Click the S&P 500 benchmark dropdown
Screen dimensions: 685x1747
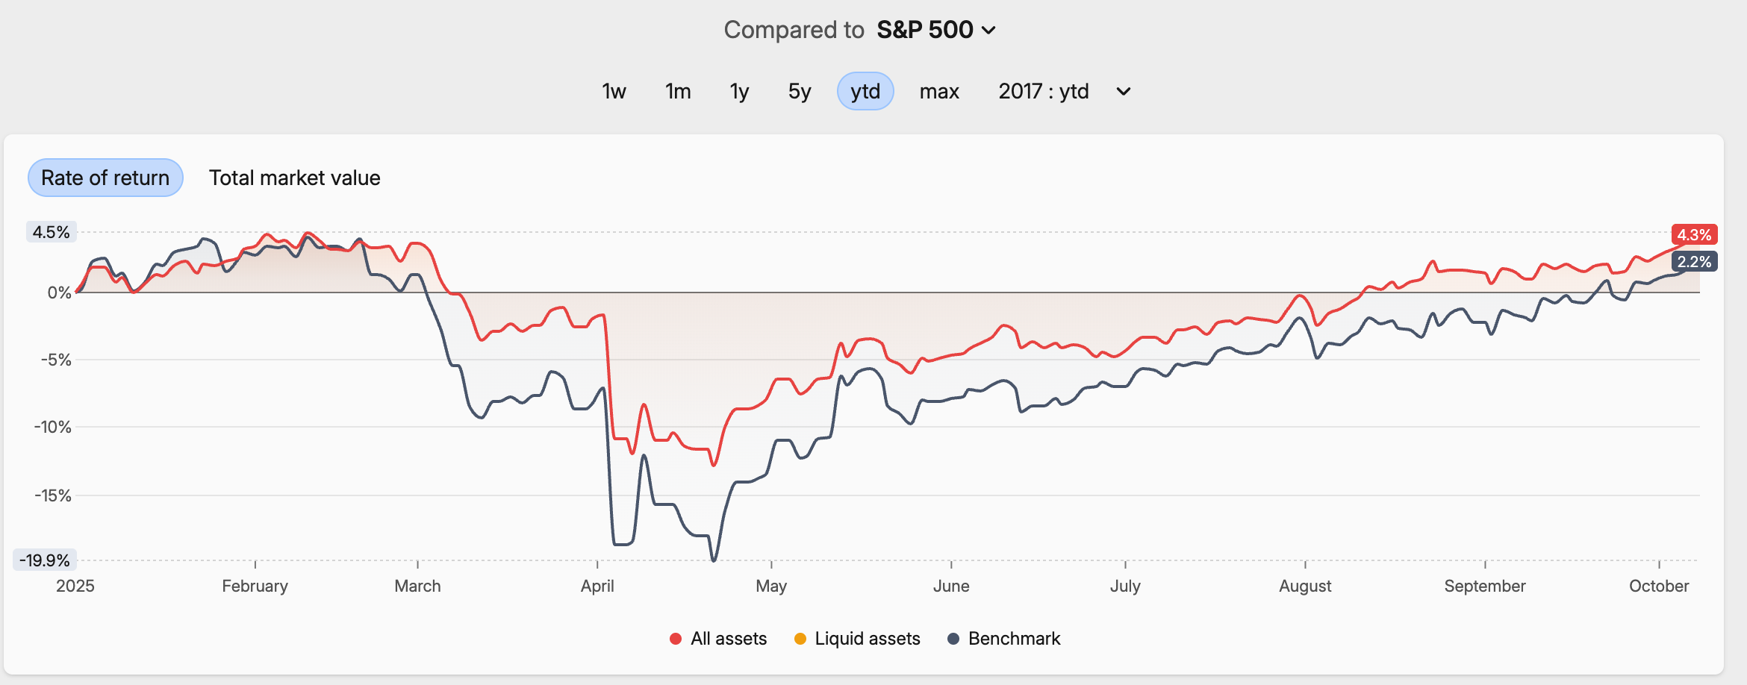(935, 30)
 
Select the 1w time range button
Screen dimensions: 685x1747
(614, 91)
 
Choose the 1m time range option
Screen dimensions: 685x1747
(678, 91)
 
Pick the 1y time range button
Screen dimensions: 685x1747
(739, 91)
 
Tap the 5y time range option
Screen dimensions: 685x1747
(799, 91)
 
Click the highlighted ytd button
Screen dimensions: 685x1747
(865, 91)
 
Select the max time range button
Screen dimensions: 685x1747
(939, 91)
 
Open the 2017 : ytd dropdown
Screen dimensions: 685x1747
(1064, 91)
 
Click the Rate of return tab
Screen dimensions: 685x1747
(105, 178)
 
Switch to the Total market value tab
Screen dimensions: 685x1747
(294, 178)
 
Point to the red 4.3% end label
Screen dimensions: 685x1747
(1694, 235)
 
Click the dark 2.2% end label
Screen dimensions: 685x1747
(1694, 262)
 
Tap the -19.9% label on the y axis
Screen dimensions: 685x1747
(45, 560)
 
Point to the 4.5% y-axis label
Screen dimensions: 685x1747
(51, 232)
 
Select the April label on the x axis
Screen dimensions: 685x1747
(597, 586)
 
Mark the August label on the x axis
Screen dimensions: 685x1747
(1305, 586)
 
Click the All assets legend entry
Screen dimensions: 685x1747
(719, 639)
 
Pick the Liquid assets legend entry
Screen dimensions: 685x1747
(858, 639)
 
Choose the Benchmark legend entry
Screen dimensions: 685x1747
(1004, 639)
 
